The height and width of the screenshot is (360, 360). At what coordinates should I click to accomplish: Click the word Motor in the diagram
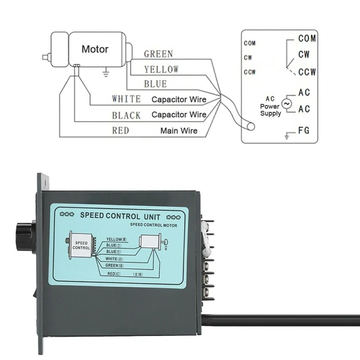(95, 49)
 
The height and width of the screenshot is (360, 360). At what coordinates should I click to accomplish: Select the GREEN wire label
(158, 54)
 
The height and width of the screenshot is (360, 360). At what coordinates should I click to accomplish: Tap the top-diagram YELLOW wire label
(161, 69)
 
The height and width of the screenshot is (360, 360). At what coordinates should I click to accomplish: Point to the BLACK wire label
(126, 115)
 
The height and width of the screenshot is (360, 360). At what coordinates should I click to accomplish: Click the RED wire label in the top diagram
(121, 130)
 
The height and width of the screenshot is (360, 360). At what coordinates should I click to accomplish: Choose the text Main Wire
(179, 131)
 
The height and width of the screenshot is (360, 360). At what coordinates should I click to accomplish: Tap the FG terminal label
(304, 131)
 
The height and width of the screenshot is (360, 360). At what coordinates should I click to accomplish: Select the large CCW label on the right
(307, 72)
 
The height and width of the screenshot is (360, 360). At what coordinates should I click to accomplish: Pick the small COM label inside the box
(250, 44)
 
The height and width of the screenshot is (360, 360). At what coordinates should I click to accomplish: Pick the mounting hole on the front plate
(45, 180)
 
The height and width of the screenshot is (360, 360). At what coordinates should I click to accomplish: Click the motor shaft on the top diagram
(45, 57)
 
